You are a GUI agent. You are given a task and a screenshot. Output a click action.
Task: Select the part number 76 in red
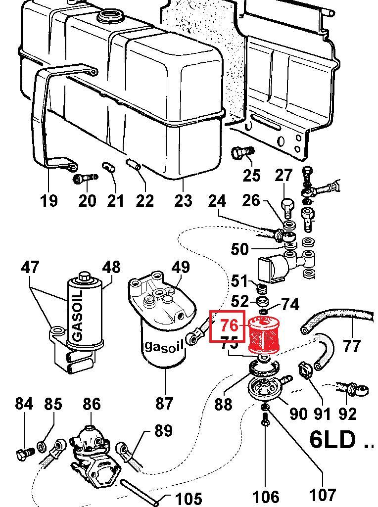click(x=230, y=325)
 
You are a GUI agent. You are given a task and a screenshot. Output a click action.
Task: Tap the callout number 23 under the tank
click(x=183, y=201)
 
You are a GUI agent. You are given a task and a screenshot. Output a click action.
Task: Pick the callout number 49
click(x=180, y=267)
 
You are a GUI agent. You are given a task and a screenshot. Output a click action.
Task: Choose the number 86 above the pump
click(x=92, y=404)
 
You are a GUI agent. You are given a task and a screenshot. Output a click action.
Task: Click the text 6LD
click(x=332, y=439)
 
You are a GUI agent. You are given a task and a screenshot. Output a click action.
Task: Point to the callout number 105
click(x=189, y=498)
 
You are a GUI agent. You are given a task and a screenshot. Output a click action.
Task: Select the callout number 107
click(x=323, y=494)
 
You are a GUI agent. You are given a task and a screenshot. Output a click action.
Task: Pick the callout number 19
click(x=48, y=201)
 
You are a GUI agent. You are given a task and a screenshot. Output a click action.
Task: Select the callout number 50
click(x=239, y=249)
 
